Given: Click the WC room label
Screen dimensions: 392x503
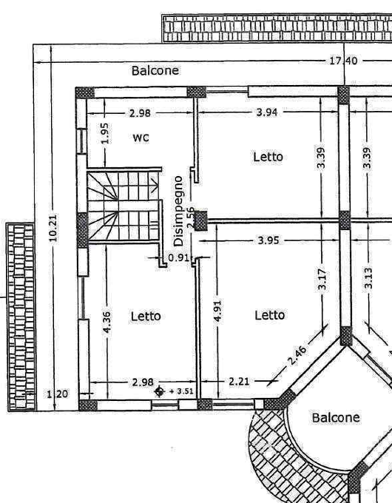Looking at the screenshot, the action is [x=141, y=138].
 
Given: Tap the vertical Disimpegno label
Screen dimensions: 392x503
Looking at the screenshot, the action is [x=178, y=211].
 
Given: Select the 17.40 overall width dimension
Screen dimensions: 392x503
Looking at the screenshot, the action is [x=343, y=61].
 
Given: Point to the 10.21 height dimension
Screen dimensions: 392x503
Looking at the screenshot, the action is [x=53, y=228].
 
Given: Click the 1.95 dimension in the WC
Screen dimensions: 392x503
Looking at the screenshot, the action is [x=105, y=133].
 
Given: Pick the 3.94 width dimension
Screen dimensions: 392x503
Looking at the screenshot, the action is [x=267, y=112].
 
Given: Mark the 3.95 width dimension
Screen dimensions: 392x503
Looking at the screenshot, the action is [x=268, y=240].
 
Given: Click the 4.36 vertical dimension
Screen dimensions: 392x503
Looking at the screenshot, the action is [x=107, y=322].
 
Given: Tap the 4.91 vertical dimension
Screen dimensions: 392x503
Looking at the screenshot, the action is [x=217, y=311].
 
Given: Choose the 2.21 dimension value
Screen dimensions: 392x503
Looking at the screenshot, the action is [x=239, y=382].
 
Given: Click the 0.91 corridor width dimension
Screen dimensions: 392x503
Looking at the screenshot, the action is [x=178, y=257].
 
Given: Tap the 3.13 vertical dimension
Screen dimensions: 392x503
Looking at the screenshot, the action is [x=368, y=278].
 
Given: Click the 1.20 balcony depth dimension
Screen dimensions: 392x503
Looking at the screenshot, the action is [x=58, y=394].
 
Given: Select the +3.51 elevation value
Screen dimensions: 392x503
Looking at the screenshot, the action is [x=181, y=391].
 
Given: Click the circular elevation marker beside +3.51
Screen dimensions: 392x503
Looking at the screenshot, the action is [x=160, y=391].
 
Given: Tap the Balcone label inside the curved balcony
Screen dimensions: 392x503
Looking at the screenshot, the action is [x=336, y=418].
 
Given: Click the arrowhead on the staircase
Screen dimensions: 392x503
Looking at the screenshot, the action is [x=155, y=186].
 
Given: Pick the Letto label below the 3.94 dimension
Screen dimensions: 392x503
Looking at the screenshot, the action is [x=268, y=157].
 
